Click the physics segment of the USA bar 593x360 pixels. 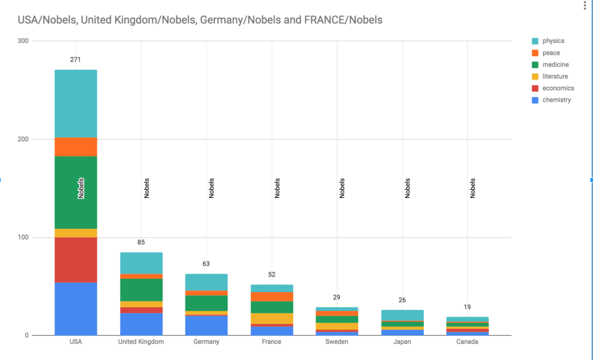coord(76,104)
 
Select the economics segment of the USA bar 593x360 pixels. coord(76,260)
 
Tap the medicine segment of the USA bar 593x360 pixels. coord(76,192)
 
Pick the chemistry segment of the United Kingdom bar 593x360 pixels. coord(141,324)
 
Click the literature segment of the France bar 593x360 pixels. coord(272,318)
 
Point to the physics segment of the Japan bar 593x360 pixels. coord(402,315)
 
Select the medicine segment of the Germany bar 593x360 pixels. coord(206,303)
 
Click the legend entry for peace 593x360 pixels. coord(551,53)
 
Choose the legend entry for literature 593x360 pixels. coord(555,76)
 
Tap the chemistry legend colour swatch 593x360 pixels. coord(536,100)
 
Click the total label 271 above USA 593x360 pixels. coord(76,60)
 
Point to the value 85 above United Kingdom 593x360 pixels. coord(141,243)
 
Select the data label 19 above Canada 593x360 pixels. coord(467,307)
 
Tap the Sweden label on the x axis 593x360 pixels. coord(336,342)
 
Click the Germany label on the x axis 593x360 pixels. coord(206,342)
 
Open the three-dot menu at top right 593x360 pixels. coord(584,6)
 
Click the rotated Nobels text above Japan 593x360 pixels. coord(408,188)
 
